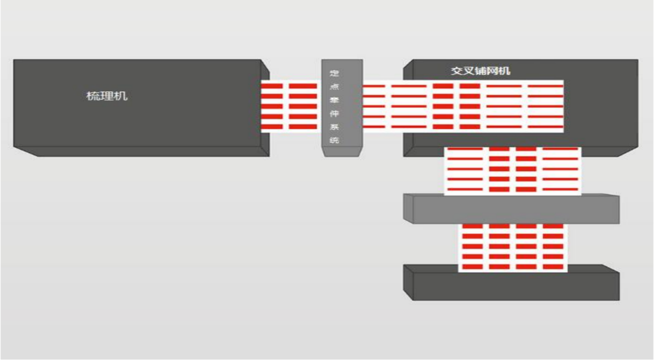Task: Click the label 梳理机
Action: pos(107,96)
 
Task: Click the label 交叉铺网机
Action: pos(481,71)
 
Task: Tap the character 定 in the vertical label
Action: pos(334,73)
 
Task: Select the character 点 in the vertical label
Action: pos(334,87)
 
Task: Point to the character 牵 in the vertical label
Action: pos(334,100)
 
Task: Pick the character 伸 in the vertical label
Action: pos(334,113)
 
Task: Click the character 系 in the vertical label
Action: pos(334,127)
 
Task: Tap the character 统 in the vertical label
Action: pos(334,140)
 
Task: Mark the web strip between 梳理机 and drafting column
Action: pos(291,106)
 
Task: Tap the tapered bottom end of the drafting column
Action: pos(341,152)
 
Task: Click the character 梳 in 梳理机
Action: pos(93,96)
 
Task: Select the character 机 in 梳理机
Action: pos(121,96)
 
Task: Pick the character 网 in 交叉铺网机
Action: pos(493,71)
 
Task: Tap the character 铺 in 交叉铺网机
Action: pos(481,71)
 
